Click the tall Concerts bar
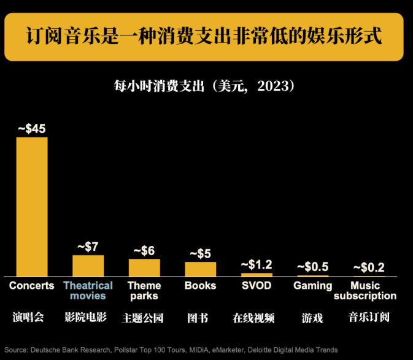(x=32, y=206)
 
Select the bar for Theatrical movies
(x=88, y=266)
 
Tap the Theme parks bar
(x=144, y=267)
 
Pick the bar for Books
(x=201, y=269)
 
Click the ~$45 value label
(x=32, y=129)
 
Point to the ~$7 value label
(x=88, y=247)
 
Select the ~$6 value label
(x=144, y=250)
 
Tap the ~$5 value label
(x=201, y=253)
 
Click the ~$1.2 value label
(x=257, y=264)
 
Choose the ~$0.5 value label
(x=312, y=267)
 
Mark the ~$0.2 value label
(x=369, y=267)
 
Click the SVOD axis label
(x=257, y=285)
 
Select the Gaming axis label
(x=312, y=285)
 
